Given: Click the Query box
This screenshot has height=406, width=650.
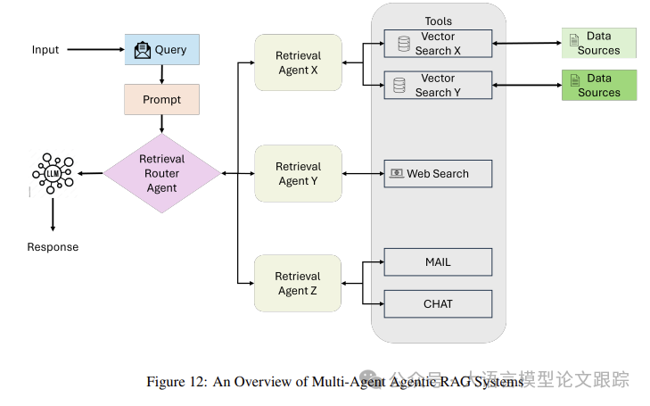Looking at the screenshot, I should click(161, 50).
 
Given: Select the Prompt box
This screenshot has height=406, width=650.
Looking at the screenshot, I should click(161, 99).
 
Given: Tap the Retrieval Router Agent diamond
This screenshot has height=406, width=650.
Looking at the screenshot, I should click(161, 173).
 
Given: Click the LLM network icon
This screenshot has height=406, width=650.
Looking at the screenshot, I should click(53, 173).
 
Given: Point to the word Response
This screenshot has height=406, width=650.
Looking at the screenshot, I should click(53, 247).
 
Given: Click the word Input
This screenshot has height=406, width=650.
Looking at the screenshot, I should click(45, 50).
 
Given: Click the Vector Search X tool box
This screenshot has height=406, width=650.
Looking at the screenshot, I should click(438, 44).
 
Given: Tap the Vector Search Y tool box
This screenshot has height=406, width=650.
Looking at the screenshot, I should click(438, 86).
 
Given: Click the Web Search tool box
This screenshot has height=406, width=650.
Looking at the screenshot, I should click(438, 174).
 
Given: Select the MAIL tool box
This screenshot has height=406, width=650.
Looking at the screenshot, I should click(438, 262).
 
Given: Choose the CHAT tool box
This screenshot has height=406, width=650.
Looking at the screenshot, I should click(438, 304).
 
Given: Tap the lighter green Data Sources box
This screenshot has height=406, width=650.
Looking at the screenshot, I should click(598, 43).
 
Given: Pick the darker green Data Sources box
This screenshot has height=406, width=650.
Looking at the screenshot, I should click(598, 85).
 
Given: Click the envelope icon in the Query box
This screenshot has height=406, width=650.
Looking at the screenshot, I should click(143, 51).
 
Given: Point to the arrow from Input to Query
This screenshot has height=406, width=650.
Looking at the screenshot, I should click(94, 50).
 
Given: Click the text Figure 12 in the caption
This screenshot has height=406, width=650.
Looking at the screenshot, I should click(177, 382).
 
